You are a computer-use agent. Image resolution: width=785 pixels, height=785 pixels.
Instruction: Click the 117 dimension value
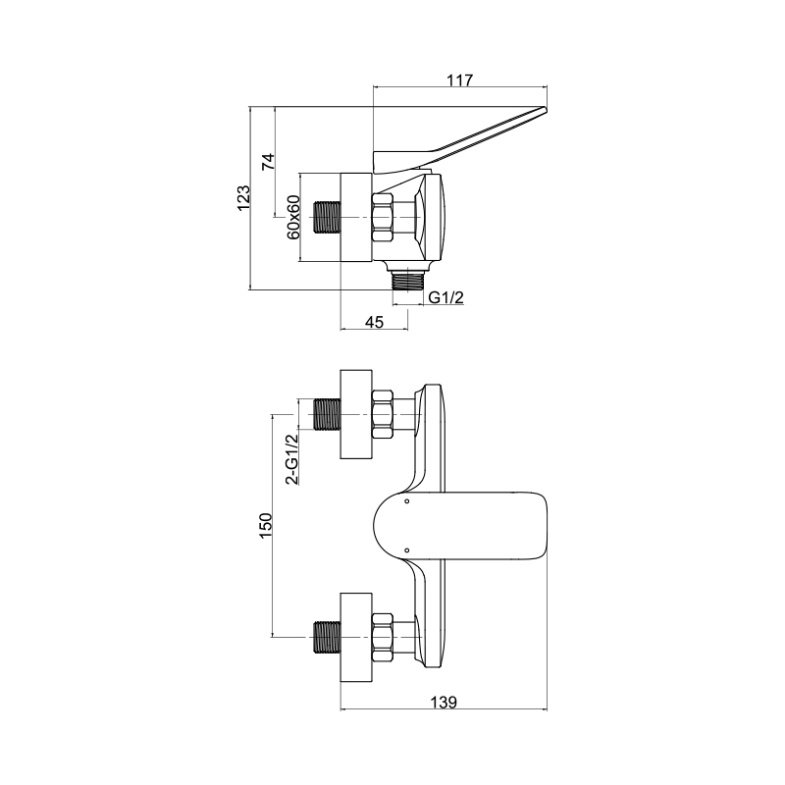459,80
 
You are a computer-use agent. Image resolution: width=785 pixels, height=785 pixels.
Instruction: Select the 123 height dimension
243,198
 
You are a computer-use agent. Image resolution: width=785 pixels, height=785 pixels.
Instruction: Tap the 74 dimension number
269,162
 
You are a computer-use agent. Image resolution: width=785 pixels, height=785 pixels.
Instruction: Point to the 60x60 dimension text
293,217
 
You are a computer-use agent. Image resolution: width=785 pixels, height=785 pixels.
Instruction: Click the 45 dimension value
374,322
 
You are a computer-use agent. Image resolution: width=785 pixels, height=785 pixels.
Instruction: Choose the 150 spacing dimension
265,525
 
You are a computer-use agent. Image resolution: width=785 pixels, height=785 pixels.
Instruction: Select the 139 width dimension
444,703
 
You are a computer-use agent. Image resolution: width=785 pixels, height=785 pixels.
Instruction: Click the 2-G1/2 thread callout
291,459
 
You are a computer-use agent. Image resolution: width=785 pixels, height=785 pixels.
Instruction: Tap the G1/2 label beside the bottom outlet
446,297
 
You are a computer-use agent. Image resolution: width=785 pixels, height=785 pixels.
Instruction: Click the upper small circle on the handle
407,501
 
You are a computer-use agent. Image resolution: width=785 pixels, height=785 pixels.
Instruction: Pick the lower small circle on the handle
407,550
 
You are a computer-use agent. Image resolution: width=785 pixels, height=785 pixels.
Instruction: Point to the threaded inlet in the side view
327,217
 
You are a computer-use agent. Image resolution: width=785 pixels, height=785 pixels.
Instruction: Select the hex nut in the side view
383,217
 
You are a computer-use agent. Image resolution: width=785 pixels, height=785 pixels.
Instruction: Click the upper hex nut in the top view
383,414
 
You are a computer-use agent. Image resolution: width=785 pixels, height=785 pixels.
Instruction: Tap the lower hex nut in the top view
383,637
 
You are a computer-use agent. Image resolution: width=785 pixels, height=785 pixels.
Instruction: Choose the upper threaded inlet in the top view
327,414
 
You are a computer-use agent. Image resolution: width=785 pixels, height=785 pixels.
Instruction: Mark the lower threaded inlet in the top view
327,637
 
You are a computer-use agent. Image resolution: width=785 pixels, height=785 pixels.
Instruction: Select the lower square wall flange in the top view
356,637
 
